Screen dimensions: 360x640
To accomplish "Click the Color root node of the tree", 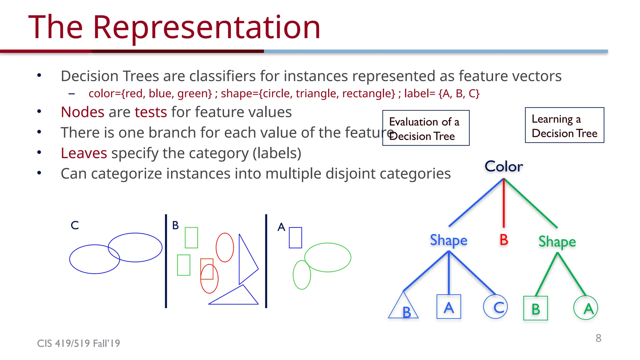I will tap(503, 166).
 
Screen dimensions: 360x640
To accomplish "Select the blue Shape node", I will tap(448, 240).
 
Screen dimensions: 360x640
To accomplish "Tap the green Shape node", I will tap(557, 242).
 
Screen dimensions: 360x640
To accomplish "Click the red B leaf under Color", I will tap(504, 240).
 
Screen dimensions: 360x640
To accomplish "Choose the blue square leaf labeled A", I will tap(449, 307).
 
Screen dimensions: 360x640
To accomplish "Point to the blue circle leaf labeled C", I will tap(496, 307).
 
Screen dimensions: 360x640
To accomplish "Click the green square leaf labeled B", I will tap(536, 308).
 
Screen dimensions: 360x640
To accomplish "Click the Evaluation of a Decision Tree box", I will tap(426, 128).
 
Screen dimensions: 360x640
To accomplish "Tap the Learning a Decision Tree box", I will tap(564, 125).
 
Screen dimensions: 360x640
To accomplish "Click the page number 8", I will tap(598, 338).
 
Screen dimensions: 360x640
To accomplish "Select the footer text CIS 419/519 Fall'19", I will tap(78, 343).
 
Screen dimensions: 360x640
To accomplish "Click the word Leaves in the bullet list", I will tap(84, 153).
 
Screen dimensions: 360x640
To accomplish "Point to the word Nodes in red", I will tap(82, 112).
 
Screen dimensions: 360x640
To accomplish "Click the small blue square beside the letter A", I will tap(295, 238).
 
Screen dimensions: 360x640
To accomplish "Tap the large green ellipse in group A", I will tap(328, 257).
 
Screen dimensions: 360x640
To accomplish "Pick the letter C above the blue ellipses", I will tap(75, 225).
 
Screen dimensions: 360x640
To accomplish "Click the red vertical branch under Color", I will tap(504, 203).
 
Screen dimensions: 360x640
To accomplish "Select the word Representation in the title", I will tap(207, 27).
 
